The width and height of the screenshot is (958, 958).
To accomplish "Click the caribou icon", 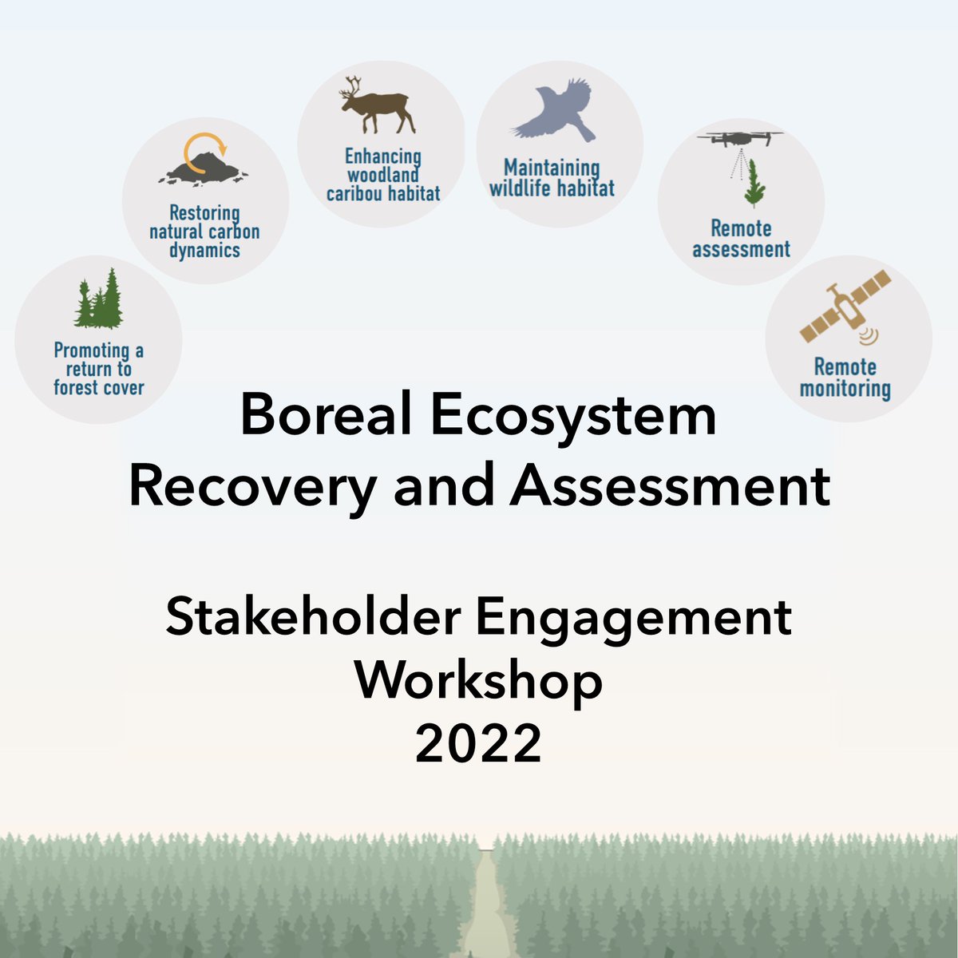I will pos(377,107).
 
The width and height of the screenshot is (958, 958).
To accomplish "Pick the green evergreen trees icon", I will pos(99,302).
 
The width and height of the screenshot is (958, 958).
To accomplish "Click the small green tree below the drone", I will pos(754,184).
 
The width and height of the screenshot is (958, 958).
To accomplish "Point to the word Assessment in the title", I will pos(671,486).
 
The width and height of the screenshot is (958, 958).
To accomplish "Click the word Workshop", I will pos(479,681).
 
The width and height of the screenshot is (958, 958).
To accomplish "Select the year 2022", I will pos(479,744).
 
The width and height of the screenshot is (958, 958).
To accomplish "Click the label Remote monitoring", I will pos(845,378).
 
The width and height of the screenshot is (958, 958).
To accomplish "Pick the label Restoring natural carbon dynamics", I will pos(204,232).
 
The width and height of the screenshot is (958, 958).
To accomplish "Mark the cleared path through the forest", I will pos(488,902).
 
